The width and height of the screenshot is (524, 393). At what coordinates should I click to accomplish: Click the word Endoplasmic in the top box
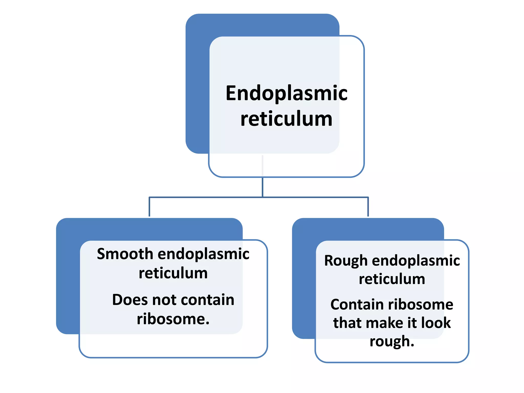[286, 94]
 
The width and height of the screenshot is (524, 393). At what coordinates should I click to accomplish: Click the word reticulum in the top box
[286, 119]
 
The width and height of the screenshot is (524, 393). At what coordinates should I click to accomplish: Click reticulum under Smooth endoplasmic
[173, 273]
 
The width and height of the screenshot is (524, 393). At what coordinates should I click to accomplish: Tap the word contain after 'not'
[207, 300]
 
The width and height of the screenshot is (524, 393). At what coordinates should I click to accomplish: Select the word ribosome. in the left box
[173, 319]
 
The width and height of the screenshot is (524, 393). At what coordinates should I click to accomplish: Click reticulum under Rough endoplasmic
[392, 279]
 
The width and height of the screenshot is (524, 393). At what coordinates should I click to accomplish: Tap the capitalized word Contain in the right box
[357, 304]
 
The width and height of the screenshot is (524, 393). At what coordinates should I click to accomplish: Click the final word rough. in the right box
[392, 341]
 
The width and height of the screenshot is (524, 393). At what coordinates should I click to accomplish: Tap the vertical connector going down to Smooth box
[149, 207]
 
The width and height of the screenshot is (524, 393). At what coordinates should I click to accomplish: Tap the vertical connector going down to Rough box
[368, 207]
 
